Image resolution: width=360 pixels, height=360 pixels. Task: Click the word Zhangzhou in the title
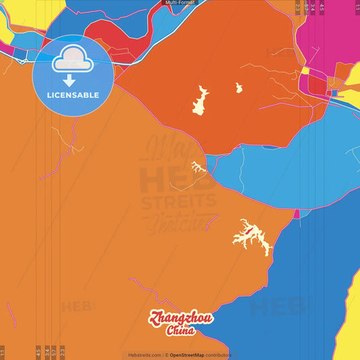(x=181, y=318)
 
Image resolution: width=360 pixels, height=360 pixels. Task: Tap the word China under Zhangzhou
(x=180, y=331)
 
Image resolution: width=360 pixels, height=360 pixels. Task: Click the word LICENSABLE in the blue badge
(x=72, y=95)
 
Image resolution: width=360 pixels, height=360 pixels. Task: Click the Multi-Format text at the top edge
(x=180, y=3)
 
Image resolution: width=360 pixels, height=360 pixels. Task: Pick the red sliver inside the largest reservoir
(x=250, y=233)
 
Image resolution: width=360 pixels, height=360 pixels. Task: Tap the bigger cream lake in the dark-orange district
(x=201, y=100)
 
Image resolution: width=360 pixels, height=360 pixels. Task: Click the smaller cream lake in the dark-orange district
(x=238, y=87)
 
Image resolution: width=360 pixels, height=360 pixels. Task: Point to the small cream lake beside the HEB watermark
(x=197, y=166)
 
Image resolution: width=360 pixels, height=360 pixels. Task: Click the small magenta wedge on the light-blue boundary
(x=296, y=213)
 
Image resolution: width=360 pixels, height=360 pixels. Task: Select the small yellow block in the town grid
(x=305, y=70)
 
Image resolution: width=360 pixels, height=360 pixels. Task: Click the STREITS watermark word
(x=178, y=201)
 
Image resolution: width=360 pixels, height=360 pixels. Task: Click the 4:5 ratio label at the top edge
(x=322, y=7)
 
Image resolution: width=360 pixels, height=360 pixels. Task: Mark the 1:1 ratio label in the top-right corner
(x=357, y=7)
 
